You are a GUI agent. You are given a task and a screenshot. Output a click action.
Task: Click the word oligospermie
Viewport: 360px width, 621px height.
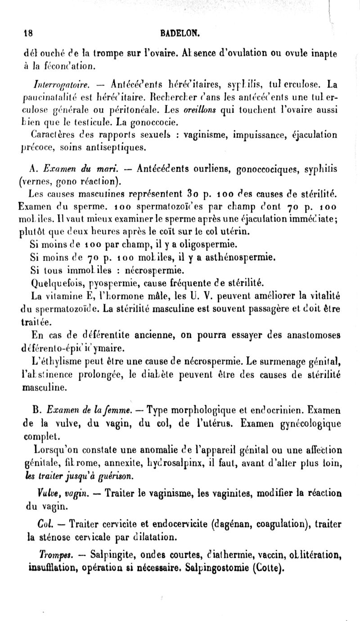pos(202,245)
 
